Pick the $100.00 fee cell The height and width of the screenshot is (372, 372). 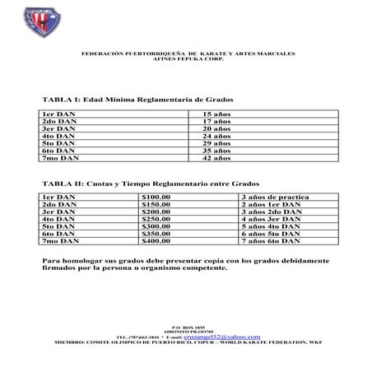pyautogui.click(x=156, y=197)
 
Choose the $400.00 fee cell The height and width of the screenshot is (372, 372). pyautogui.click(x=156, y=241)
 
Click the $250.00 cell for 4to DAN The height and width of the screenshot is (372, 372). pyautogui.click(x=156, y=219)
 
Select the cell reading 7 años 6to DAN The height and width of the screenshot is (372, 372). pyautogui.click(x=271, y=241)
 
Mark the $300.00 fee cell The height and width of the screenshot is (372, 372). pyautogui.click(x=156, y=226)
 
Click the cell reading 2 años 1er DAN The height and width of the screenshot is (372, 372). pyautogui.click(x=271, y=204)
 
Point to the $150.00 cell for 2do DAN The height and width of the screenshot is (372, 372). pyautogui.click(x=156, y=204)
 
